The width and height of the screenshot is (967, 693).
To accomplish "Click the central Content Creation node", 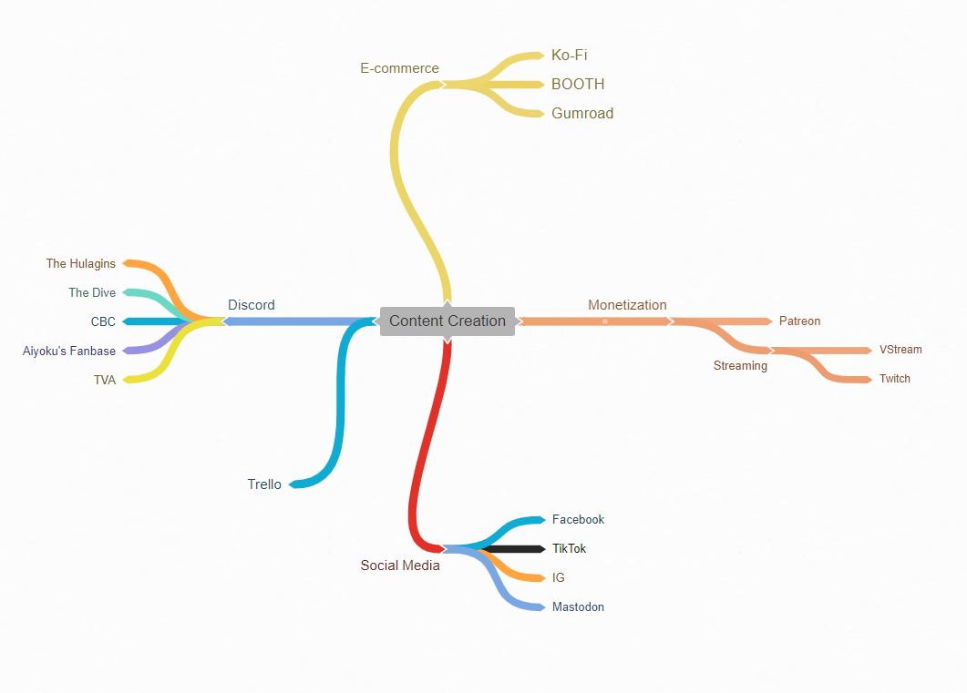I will [447, 321].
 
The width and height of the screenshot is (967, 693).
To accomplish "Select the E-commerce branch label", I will [399, 68].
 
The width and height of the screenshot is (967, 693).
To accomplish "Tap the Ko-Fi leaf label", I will [570, 56].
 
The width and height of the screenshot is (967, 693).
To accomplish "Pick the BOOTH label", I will [578, 85].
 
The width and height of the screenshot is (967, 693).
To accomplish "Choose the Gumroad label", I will [582, 114].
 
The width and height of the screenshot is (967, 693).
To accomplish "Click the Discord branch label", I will [252, 305].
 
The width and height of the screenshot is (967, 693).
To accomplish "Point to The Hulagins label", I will [81, 264].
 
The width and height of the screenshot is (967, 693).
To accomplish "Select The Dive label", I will [92, 293].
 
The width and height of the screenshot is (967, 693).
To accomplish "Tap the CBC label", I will [103, 322].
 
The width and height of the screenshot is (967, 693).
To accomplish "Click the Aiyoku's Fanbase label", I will [69, 352].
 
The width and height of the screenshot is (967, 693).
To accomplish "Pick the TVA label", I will [105, 381].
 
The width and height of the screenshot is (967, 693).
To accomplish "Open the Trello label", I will [264, 484].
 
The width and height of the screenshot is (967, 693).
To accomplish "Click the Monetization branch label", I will [627, 305].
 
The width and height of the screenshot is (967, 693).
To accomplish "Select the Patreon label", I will [799, 321].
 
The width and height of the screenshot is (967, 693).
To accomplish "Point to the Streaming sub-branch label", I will [740, 366].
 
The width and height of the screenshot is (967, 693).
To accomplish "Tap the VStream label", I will [900, 350].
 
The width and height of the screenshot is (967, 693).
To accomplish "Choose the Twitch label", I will [895, 379].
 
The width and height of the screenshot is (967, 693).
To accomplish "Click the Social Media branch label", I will [400, 566].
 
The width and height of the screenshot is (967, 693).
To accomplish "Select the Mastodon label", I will [578, 607].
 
